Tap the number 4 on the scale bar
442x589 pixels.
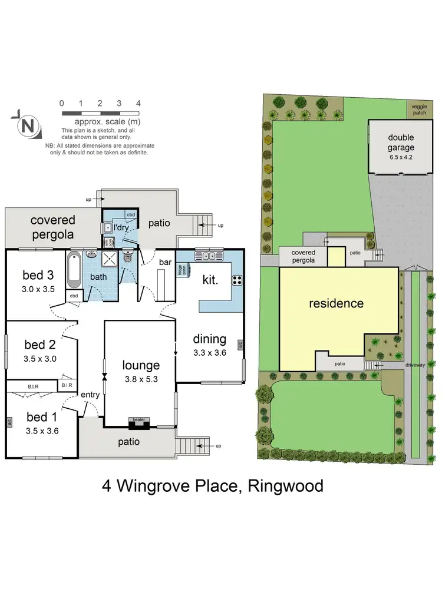point(138,103)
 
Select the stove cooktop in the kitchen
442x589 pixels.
point(237,280)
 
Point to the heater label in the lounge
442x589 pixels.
point(138,420)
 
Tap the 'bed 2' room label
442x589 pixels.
point(39,345)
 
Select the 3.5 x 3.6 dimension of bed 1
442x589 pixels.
point(42,431)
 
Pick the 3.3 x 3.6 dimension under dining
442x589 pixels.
point(210,353)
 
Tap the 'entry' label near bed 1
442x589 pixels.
point(90,394)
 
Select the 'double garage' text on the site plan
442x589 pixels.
point(401,143)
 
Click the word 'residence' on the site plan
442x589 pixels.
point(337,303)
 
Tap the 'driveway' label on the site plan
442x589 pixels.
point(414,365)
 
